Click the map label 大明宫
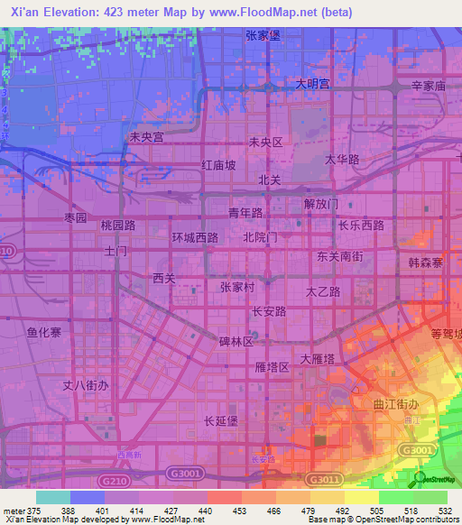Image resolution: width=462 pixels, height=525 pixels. [x=313, y=84]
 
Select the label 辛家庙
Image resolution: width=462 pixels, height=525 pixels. [x=430, y=87]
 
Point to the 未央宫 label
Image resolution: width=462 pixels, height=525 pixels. [x=146, y=138]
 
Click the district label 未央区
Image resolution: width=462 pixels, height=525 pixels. [x=266, y=143]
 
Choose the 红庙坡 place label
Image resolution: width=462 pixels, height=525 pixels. [x=219, y=165]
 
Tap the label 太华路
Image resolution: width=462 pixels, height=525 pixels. [x=342, y=159]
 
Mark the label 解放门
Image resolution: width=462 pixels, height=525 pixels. [x=320, y=203]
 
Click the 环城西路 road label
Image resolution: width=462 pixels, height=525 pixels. [x=195, y=237]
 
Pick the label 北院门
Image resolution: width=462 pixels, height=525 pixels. [x=260, y=237]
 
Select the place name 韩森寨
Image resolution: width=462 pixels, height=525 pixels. [x=425, y=262]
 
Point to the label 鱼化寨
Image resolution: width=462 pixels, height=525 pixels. [x=43, y=332]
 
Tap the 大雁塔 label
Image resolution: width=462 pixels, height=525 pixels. [x=319, y=358]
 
